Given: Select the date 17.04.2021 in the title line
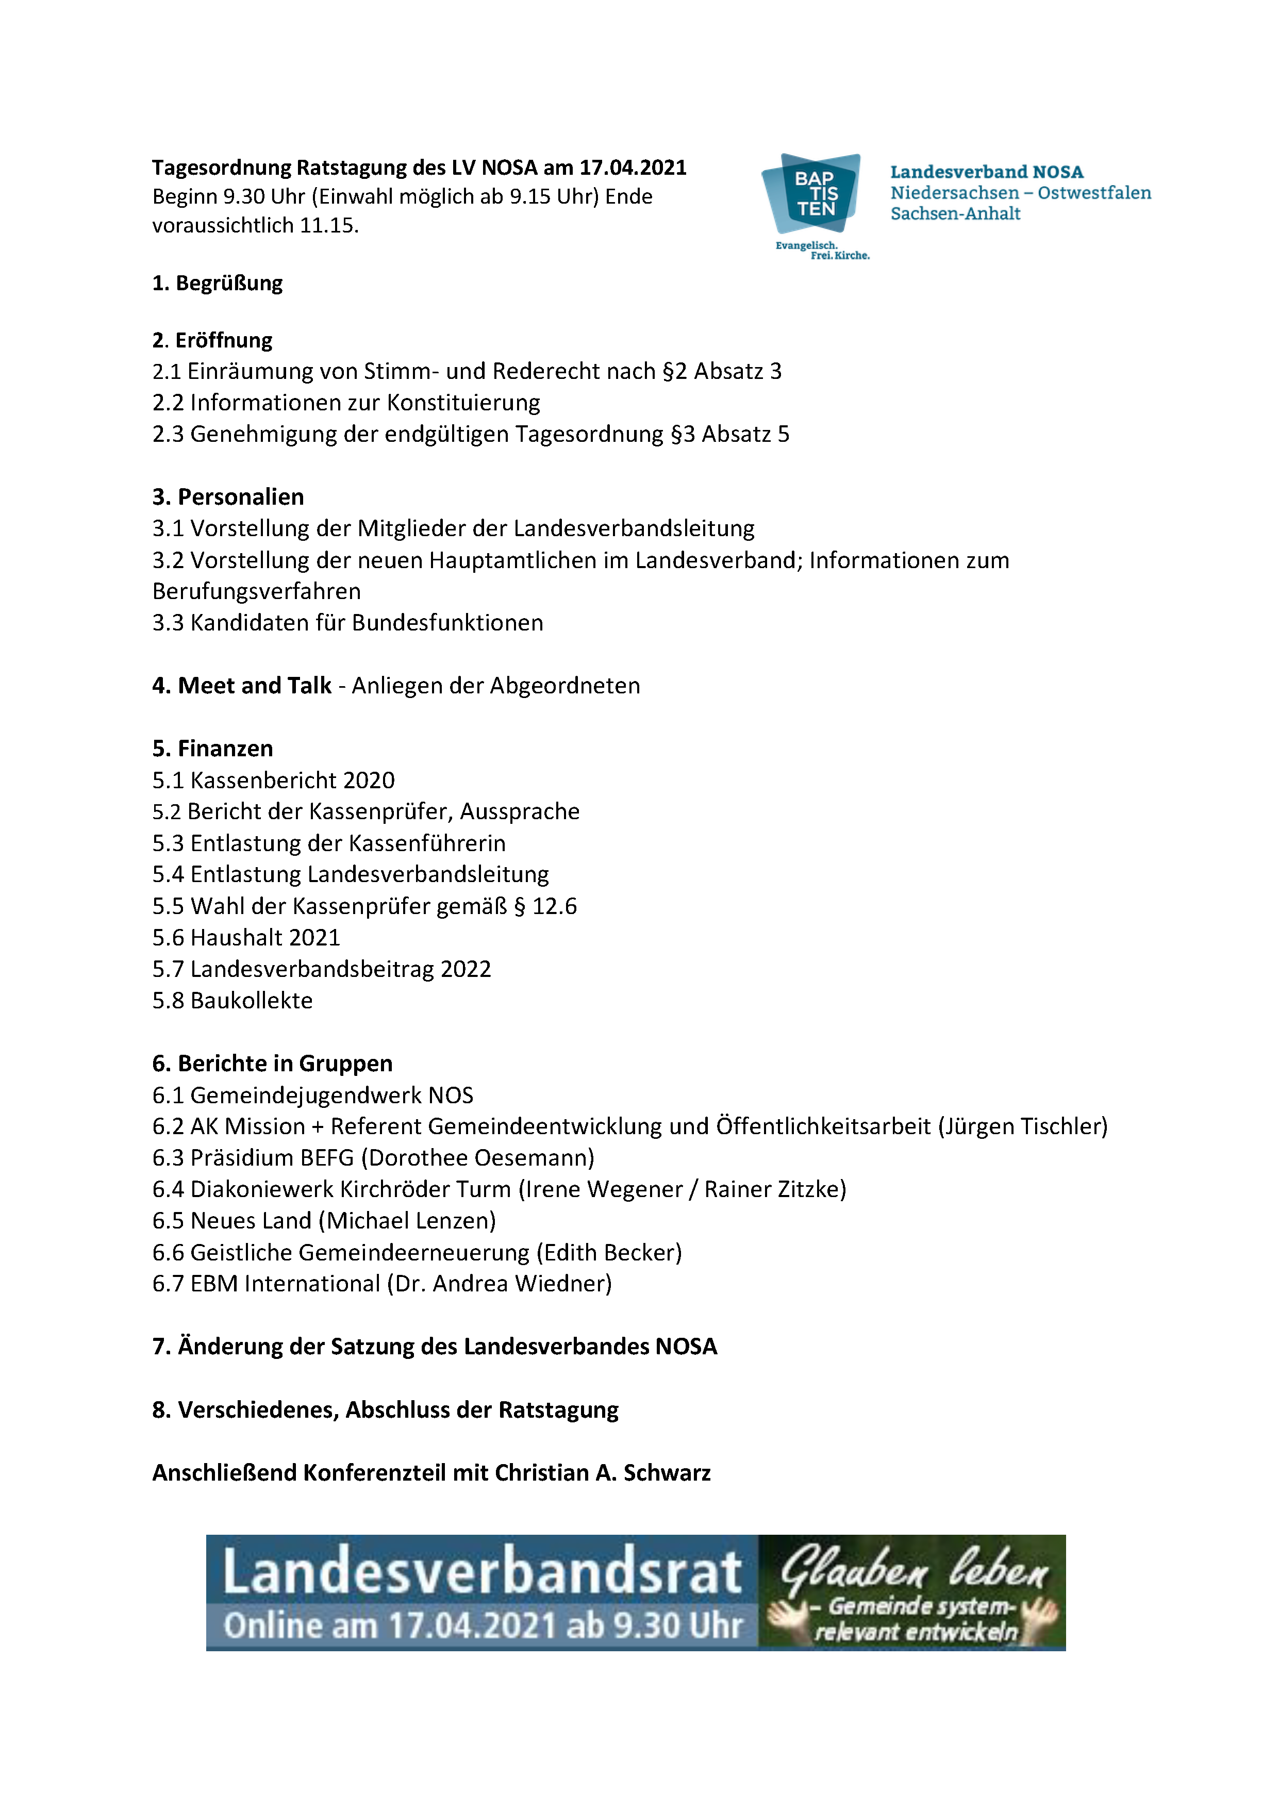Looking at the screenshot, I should coord(633,168).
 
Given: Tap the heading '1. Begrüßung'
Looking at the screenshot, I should coord(218,283).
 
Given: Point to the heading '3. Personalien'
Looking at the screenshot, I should coord(228,497).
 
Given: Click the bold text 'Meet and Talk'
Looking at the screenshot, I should coord(255,686).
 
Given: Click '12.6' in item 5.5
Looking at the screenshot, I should coord(554,906).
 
